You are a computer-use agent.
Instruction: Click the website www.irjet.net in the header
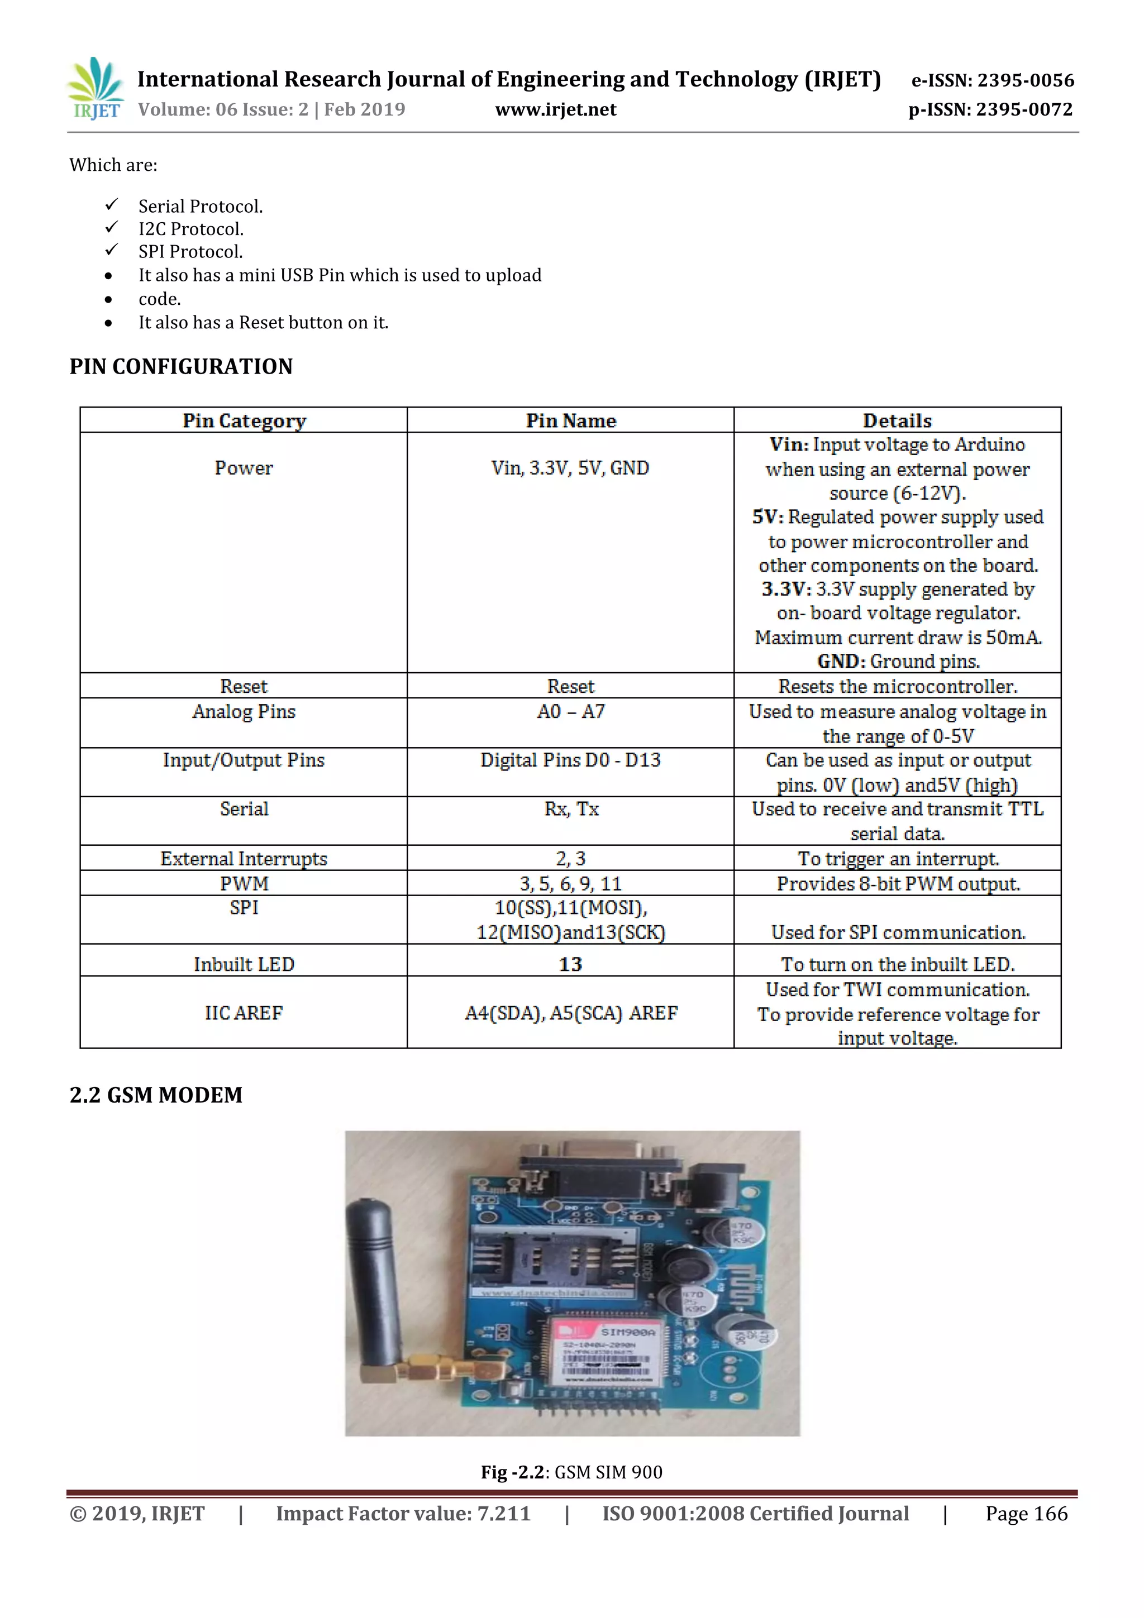click(x=555, y=110)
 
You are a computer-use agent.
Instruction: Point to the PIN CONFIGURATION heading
click(x=180, y=366)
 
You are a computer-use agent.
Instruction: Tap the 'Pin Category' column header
click(x=244, y=421)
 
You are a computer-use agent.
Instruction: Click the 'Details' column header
click(x=897, y=421)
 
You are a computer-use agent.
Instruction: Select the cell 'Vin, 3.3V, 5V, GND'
click(x=570, y=468)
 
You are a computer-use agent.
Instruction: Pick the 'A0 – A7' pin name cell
click(x=570, y=712)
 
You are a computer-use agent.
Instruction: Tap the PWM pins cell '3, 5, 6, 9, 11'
click(x=570, y=884)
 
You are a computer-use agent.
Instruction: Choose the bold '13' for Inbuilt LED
click(x=570, y=964)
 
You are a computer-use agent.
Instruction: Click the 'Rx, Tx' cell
click(x=571, y=809)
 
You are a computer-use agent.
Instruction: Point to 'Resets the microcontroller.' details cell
click(x=897, y=686)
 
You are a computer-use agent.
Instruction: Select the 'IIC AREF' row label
click(x=244, y=1013)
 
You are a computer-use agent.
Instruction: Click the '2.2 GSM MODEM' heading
click(x=156, y=1095)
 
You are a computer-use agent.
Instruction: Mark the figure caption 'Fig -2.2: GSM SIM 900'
click(x=571, y=1472)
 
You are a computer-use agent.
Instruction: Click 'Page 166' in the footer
click(x=1026, y=1514)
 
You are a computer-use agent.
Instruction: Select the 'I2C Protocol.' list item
click(x=191, y=229)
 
